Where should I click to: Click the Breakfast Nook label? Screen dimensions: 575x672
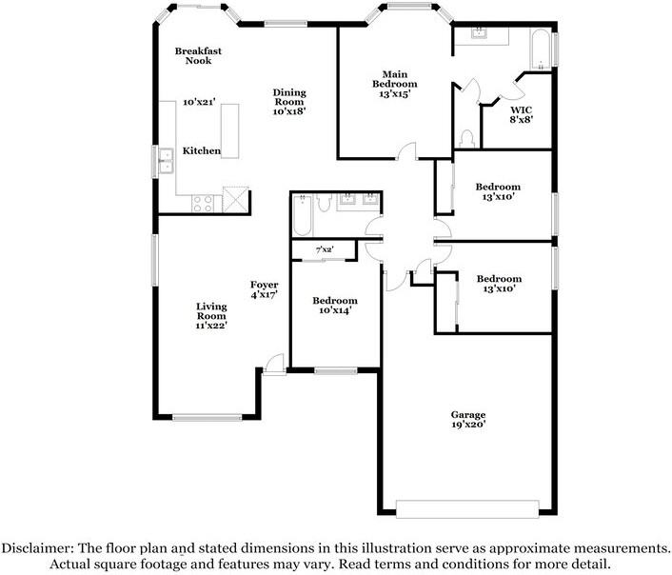point(198,55)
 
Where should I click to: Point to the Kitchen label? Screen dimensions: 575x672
point(202,151)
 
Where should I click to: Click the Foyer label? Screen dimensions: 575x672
point(264,284)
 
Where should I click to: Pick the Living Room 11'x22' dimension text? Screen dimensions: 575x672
point(211,326)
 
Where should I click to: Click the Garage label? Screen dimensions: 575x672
point(468,414)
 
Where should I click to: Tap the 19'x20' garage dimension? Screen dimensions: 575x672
point(468,426)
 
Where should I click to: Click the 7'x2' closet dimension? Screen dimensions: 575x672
point(326,250)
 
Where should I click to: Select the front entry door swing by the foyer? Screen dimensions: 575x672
point(274,364)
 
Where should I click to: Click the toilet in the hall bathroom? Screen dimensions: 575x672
point(325,202)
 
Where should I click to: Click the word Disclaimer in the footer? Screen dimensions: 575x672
point(35,548)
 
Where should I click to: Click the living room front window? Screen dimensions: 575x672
point(207,415)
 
